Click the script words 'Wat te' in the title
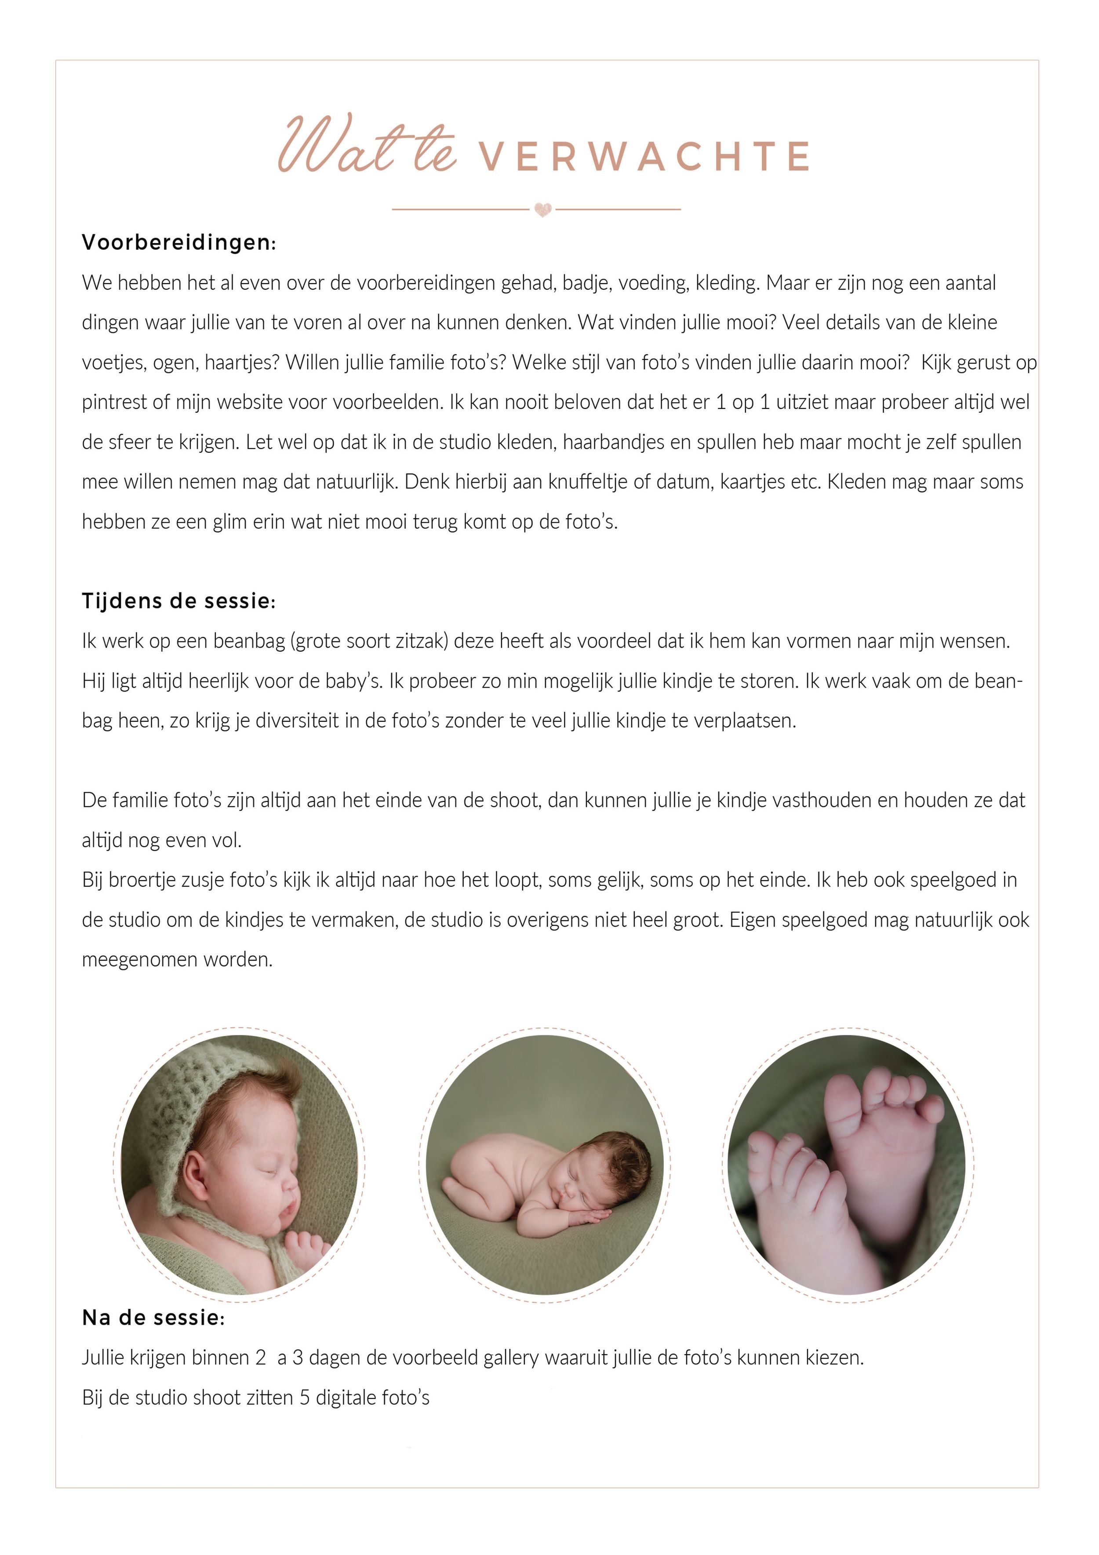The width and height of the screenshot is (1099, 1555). [366, 146]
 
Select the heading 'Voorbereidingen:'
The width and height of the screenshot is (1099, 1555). [179, 243]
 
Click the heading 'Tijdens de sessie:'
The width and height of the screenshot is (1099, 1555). [179, 601]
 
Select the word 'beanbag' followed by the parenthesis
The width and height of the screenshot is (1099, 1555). [248, 641]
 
